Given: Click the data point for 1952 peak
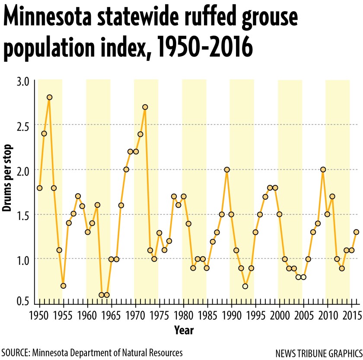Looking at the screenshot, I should [x=49, y=97].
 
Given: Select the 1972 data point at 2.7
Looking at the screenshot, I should [x=145, y=107].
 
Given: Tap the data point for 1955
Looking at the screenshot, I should [x=64, y=286].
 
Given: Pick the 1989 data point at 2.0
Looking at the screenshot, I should [x=227, y=169].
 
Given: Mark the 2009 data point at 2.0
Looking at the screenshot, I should [x=323, y=169].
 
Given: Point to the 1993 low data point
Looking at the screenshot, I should [x=245, y=286].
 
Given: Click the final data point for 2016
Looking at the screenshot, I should [x=356, y=232].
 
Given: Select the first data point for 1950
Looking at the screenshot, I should [x=40, y=188].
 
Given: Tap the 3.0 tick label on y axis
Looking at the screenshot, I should [x=23, y=81].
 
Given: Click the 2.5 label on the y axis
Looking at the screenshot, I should [x=23, y=125].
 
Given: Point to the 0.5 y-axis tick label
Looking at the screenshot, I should [x=23, y=301].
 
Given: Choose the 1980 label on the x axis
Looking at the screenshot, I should [x=184, y=312].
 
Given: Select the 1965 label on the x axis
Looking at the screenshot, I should [x=112, y=312].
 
